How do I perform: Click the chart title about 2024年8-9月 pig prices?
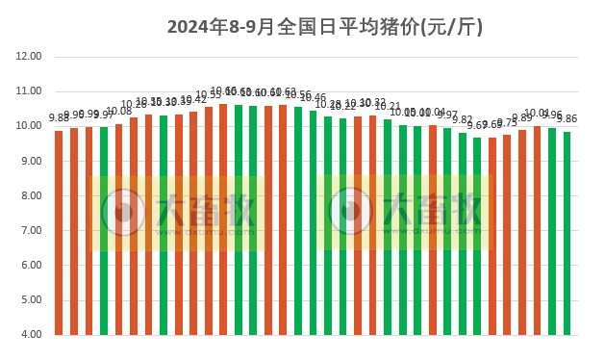click(x=325, y=27)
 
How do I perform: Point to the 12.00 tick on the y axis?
click(x=30, y=57)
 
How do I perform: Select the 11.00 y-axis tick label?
click(x=30, y=91)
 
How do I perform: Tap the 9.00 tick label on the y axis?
click(x=30, y=161)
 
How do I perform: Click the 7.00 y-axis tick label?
click(x=30, y=231)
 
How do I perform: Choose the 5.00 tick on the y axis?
click(x=30, y=300)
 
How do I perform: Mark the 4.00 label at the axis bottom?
click(x=30, y=335)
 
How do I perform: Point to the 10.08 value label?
click(x=119, y=112)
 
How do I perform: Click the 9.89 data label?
click(x=521, y=117)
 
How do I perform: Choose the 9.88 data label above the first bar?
click(x=59, y=118)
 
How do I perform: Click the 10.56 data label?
click(x=298, y=94)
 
